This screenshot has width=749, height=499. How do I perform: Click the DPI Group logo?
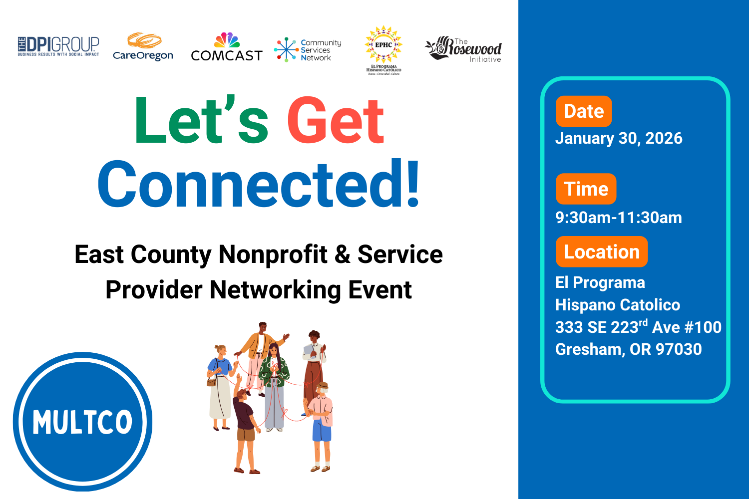pyautogui.click(x=58, y=46)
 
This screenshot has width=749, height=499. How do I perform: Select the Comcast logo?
pyautogui.click(x=226, y=48)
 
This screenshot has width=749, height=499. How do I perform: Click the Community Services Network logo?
pyautogui.click(x=308, y=50)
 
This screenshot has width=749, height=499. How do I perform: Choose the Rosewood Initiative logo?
pyautogui.click(x=464, y=49)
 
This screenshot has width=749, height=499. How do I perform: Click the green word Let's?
pyautogui.click(x=201, y=121)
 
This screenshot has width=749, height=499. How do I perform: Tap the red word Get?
pyautogui.click(x=336, y=121)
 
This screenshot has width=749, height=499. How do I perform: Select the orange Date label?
pyautogui.click(x=583, y=111)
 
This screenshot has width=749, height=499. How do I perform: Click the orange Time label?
pyautogui.click(x=586, y=189)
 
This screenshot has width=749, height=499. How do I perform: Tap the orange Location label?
pyautogui.click(x=601, y=252)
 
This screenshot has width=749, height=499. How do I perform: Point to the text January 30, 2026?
pyautogui.click(x=619, y=138)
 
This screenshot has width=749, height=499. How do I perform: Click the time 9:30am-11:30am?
pyautogui.click(x=619, y=218)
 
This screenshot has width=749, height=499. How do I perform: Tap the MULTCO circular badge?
pyautogui.click(x=82, y=422)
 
